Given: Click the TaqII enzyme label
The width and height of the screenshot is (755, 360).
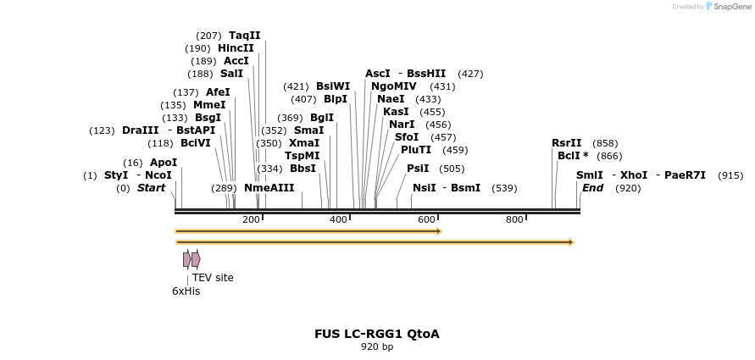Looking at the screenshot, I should [x=244, y=36].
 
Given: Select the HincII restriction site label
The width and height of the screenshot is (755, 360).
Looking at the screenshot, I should [x=236, y=48].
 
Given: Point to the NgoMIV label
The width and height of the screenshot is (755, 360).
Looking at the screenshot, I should [x=394, y=86].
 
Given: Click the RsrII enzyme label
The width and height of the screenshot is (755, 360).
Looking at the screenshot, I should [x=567, y=143].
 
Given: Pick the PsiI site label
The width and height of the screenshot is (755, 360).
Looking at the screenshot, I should [x=418, y=169].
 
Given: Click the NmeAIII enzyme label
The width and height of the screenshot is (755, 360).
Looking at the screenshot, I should [x=269, y=188].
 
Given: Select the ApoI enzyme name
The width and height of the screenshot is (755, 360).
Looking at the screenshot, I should [x=164, y=163].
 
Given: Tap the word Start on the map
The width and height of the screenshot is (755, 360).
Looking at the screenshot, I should [x=151, y=188].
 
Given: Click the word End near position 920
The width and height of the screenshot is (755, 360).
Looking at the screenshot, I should [x=592, y=188].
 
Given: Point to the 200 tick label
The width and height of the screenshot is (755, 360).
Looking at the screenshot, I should [x=251, y=220].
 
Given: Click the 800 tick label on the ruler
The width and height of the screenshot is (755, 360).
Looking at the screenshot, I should [x=514, y=220].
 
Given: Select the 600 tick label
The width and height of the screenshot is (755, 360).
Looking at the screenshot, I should [x=426, y=220].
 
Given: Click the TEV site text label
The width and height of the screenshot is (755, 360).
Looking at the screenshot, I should [x=213, y=278].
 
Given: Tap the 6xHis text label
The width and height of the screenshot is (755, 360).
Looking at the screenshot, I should [x=186, y=291].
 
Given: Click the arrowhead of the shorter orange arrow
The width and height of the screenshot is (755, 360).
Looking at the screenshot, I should [x=439, y=230].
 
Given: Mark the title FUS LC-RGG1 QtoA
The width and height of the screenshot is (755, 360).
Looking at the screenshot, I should [x=377, y=334].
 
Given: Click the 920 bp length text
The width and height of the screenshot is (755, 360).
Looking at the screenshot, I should [x=377, y=346].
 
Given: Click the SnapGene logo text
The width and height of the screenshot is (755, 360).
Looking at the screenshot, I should [x=733, y=7].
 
